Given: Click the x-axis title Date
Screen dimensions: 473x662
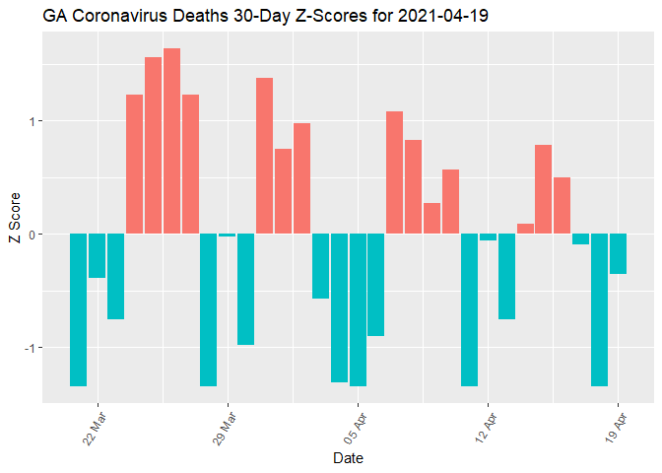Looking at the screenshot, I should pos(349,458).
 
